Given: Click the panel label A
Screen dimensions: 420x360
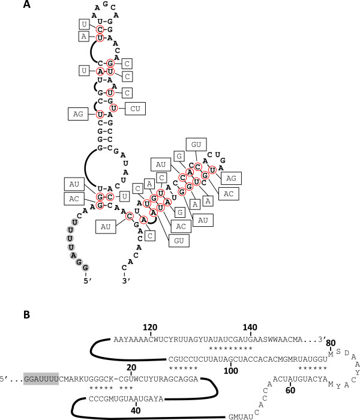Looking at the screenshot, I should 27,6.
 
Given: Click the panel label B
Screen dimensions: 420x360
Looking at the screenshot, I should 27,313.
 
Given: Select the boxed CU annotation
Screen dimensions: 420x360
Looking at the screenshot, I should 135,109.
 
